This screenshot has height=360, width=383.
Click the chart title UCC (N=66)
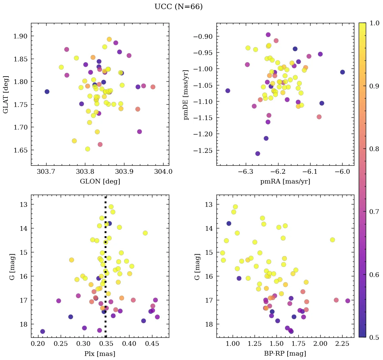tap(178, 7)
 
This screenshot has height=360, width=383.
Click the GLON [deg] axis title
tap(100, 181)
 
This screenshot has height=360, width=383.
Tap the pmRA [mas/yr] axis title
tap(285, 181)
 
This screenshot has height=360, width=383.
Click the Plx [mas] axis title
tap(100, 354)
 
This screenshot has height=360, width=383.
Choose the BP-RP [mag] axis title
tap(285, 354)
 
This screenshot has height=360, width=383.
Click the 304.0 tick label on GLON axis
tap(164, 172)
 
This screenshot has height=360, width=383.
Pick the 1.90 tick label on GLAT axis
tap(20, 36)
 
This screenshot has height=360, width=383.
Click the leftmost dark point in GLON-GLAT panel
tap(47, 91)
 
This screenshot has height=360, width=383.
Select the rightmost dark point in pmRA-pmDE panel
tap(343, 72)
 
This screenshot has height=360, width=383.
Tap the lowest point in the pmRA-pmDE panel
tap(258, 154)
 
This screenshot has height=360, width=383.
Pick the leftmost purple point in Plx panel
tap(42, 331)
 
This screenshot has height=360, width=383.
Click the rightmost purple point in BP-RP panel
tap(348, 301)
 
